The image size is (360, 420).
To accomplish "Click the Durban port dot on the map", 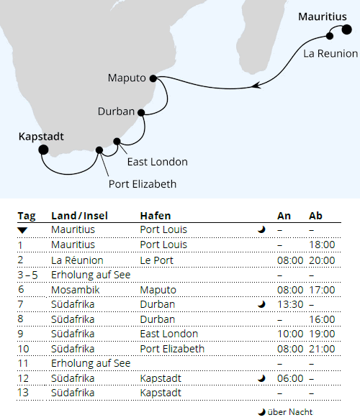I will pyautogui.click(x=141, y=111).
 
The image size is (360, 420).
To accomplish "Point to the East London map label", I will pyautogui.click(x=156, y=162).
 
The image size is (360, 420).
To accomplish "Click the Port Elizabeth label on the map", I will pyautogui.click(x=143, y=183).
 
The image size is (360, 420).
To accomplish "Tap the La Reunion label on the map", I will pyautogui.click(x=330, y=53).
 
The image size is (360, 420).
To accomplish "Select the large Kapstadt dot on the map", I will pyautogui.click(x=43, y=150).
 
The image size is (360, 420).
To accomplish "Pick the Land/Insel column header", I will pyautogui.click(x=81, y=216).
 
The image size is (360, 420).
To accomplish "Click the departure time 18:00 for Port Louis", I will pyautogui.click(x=322, y=245).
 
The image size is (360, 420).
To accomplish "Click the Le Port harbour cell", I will pyautogui.click(x=158, y=260).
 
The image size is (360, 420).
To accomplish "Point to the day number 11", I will pyautogui.click(x=22, y=363).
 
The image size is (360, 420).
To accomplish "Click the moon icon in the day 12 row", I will pyautogui.click(x=261, y=378).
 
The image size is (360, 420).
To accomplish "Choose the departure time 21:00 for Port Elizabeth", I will pyautogui.click(x=322, y=349).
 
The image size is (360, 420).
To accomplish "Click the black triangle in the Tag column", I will pyautogui.click(x=23, y=230).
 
